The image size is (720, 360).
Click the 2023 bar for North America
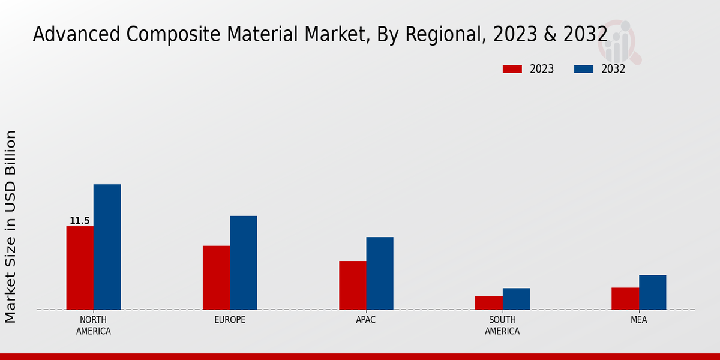(x=80, y=268)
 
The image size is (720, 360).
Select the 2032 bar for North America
(x=107, y=247)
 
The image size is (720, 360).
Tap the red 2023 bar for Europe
(x=216, y=277)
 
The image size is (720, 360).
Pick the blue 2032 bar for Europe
(x=243, y=262)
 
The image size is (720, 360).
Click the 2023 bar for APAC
(x=352, y=285)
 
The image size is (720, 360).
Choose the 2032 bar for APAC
(x=380, y=273)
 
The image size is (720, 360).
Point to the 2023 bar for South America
(x=488, y=302)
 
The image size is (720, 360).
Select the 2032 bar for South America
(x=516, y=299)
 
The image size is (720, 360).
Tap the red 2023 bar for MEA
(x=625, y=298)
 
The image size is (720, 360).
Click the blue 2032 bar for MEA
(x=652, y=292)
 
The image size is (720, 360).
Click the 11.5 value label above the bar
(x=80, y=221)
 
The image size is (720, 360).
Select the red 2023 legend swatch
(x=512, y=69)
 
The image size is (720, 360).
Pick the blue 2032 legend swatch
(x=584, y=69)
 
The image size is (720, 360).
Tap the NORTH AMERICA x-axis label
(x=94, y=325)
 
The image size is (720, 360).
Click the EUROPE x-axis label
(x=230, y=320)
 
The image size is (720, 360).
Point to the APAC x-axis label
(x=366, y=320)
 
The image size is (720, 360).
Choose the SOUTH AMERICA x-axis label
(x=502, y=325)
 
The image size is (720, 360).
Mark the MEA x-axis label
(x=638, y=320)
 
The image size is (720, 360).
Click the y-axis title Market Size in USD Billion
(x=11, y=226)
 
